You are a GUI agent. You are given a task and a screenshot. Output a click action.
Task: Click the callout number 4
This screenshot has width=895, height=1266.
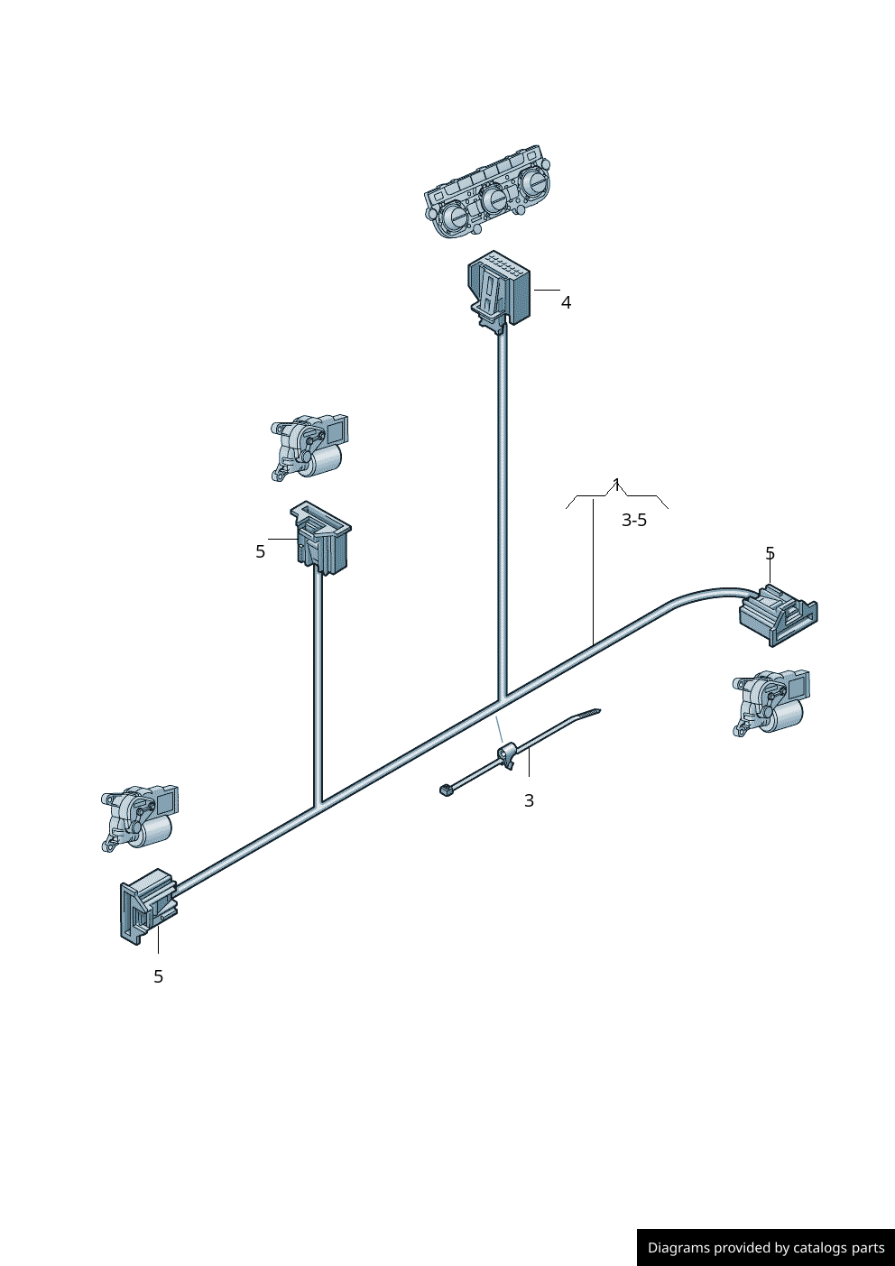pyautogui.click(x=566, y=303)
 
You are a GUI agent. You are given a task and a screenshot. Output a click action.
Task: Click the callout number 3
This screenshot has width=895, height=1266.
pyautogui.click(x=529, y=801)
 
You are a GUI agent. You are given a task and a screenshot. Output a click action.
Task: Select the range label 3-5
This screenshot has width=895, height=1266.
pyautogui.click(x=634, y=520)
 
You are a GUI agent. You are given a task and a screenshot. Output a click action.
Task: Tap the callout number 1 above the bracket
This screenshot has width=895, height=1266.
pyautogui.click(x=616, y=485)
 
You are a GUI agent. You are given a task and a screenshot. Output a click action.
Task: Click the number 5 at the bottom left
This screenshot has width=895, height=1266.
pyautogui.click(x=158, y=976)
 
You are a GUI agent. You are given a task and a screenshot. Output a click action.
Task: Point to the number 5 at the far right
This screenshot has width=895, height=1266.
pyautogui.click(x=770, y=553)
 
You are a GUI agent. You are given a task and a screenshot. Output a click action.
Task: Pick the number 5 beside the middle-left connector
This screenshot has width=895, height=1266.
pyautogui.click(x=260, y=551)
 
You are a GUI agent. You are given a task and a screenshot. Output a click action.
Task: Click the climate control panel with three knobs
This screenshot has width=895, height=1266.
pyautogui.click(x=487, y=191)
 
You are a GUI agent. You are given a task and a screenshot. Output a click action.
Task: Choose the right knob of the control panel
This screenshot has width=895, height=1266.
pyautogui.click(x=533, y=182)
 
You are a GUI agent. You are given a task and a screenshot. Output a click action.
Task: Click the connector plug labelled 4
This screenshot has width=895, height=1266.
pyautogui.click(x=499, y=291)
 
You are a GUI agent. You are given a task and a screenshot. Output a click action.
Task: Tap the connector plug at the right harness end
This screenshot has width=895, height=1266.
pyautogui.click(x=778, y=615)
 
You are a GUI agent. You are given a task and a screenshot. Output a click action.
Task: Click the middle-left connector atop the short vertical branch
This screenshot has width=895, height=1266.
pyautogui.click(x=320, y=537)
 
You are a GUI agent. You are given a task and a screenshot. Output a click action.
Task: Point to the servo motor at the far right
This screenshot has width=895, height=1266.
pyautogui.click(x=771, y=703)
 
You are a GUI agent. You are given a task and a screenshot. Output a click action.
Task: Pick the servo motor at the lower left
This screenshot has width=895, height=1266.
pyautogui.click(x=140, y=818)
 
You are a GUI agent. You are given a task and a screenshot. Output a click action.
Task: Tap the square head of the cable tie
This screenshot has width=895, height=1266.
pyautogui.click(x=446, y=790)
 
